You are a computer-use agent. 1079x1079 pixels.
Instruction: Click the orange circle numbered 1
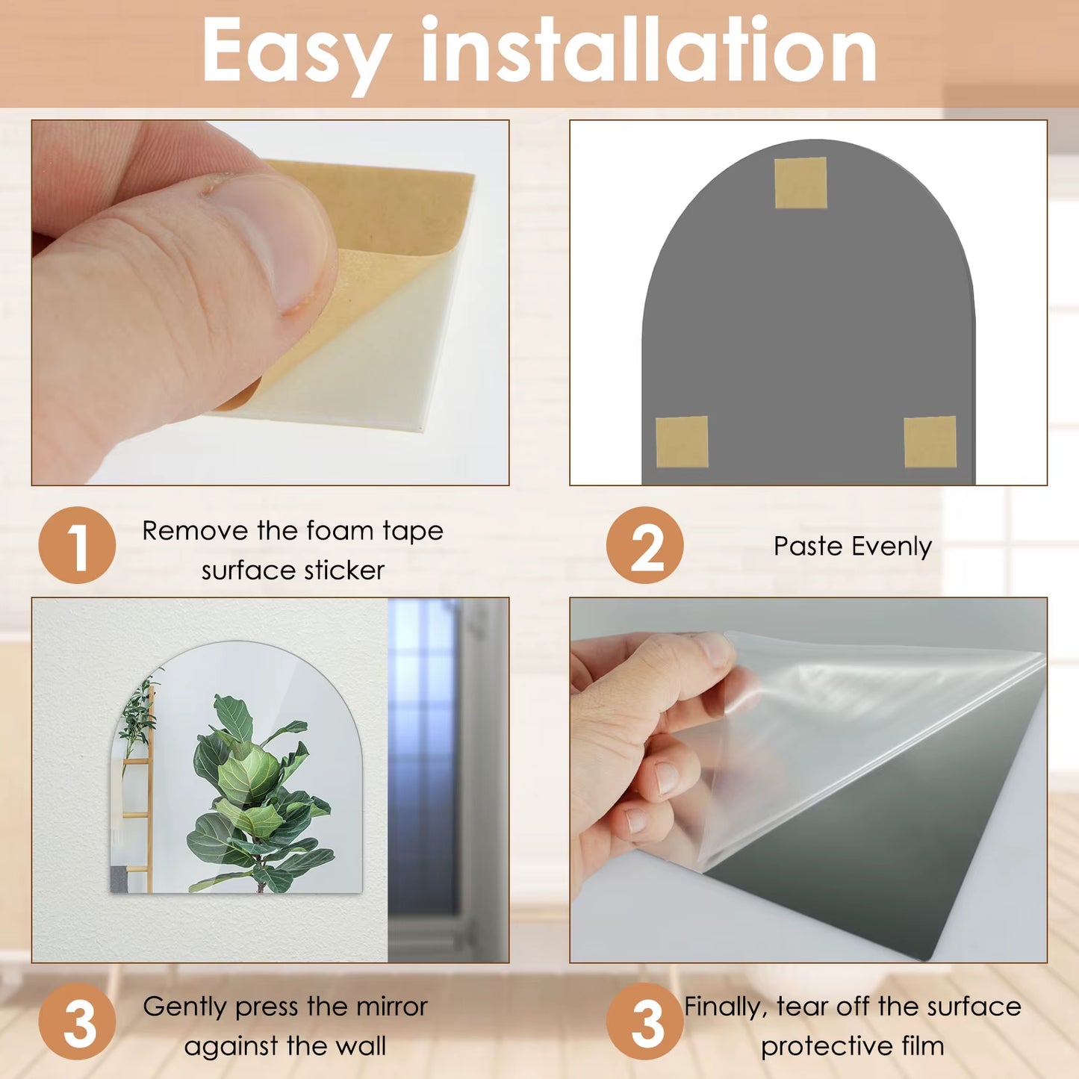coord(77,545)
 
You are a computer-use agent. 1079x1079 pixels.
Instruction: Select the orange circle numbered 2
coord(644,545)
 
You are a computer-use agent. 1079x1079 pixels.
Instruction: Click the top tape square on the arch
coord(800,183)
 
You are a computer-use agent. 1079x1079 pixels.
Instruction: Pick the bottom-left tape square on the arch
coord(682,441)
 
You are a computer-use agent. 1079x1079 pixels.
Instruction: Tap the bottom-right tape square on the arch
coord(930,442)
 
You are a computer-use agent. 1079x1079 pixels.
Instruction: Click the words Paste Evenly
coord(852,547)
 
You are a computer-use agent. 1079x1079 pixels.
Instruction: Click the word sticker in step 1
coord(344,570)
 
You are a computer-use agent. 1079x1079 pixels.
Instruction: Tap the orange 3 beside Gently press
coord(77,1021)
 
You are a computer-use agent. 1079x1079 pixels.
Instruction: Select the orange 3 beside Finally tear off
coord(644,1021)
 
